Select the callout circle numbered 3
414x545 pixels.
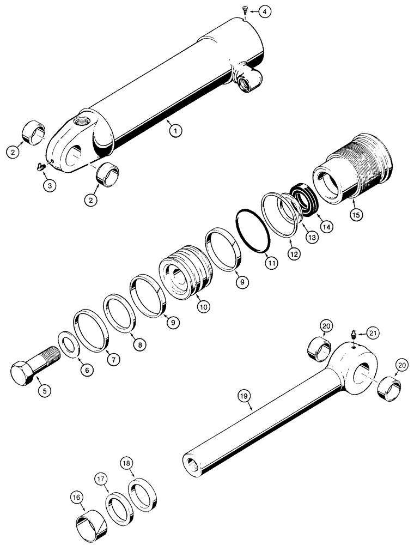pos(49,185)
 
